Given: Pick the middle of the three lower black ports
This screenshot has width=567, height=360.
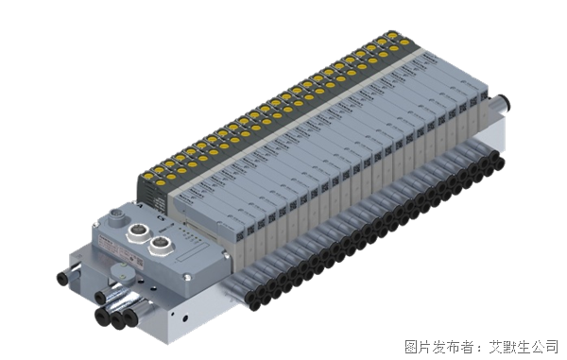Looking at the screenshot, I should click(116, 320).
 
